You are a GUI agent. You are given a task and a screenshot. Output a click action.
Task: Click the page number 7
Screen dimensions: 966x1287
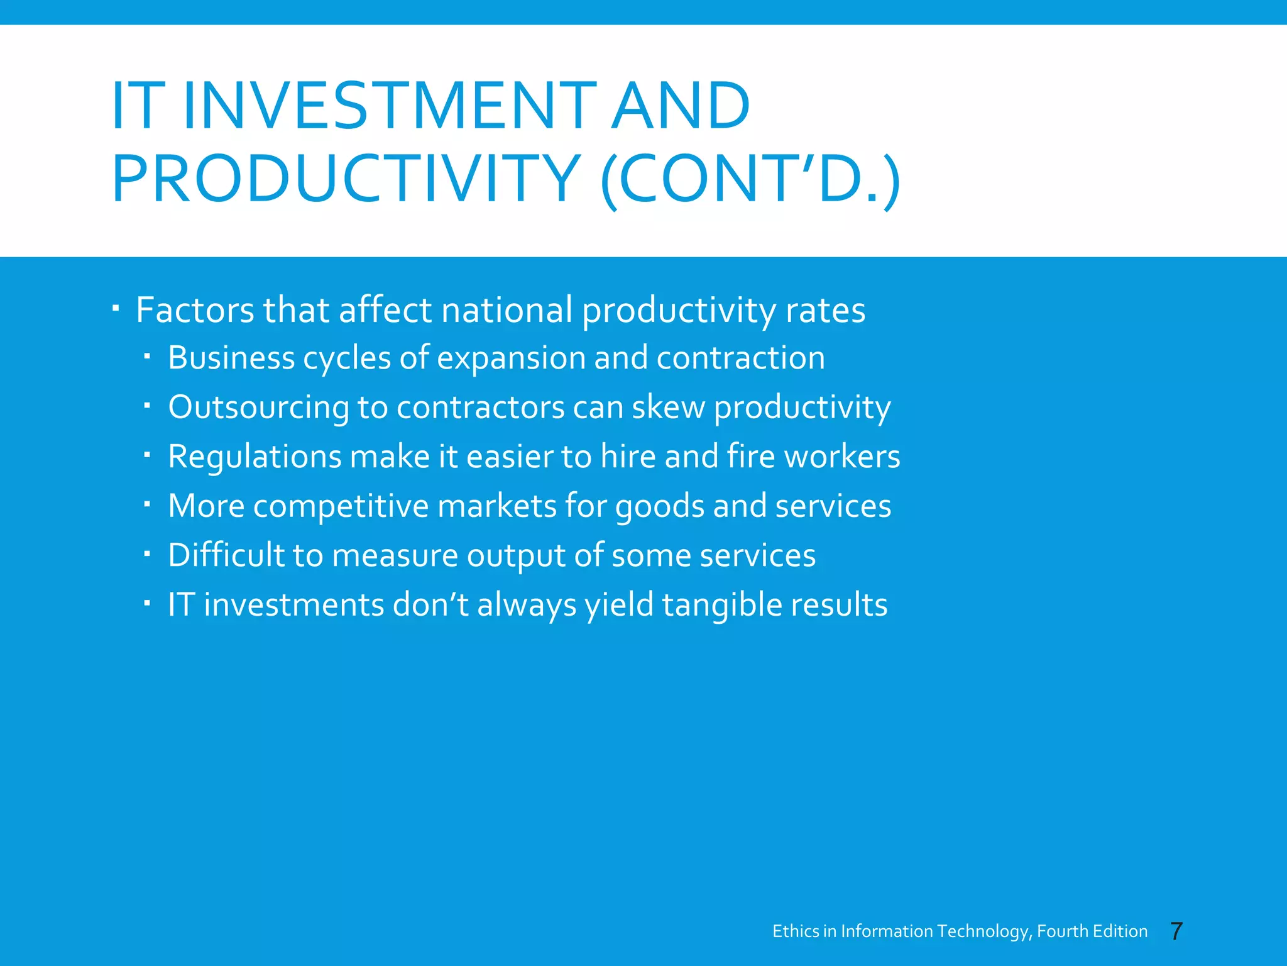1176,931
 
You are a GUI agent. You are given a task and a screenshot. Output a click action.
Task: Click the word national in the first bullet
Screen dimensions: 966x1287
507,311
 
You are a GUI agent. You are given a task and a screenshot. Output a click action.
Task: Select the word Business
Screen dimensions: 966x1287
231,358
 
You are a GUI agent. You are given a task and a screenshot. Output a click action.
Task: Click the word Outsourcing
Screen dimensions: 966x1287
258,408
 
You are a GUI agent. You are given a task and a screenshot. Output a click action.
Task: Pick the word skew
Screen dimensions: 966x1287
668,408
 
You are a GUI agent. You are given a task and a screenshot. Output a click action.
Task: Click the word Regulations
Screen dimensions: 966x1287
255,457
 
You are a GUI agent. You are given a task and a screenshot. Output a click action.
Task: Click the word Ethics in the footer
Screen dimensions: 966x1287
796,931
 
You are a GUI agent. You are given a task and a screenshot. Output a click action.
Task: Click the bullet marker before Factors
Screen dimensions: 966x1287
116,309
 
